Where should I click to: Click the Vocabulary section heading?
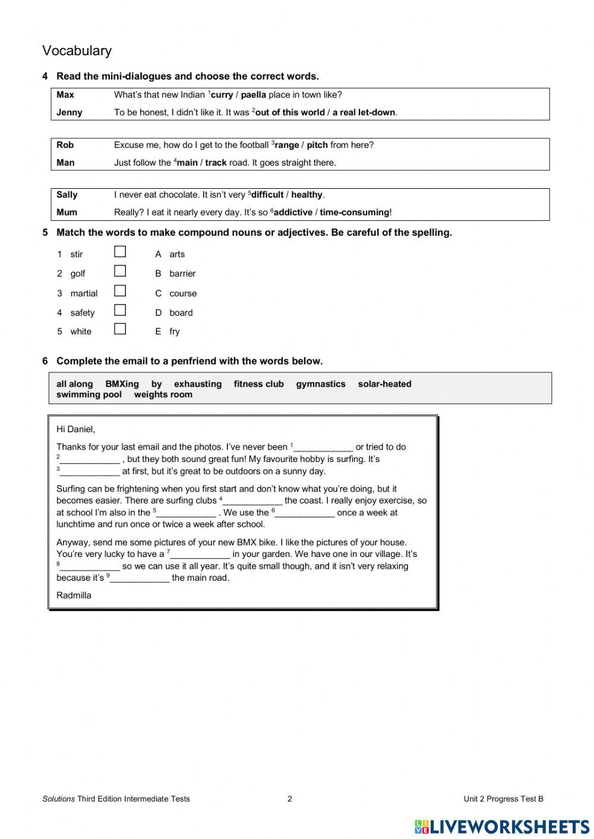pos(77,51)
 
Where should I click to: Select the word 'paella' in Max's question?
pos(253,95)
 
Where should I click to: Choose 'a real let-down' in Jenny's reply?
pos(364,113)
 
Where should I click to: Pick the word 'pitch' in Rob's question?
pos(317,145)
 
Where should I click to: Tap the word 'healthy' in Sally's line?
pos(307,195)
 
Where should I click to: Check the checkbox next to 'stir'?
pos(120,252)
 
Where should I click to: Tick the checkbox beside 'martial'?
pos(120,291)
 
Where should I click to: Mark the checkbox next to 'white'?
pos(120,329)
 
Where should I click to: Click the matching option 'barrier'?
pos(182,274)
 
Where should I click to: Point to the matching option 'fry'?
pos(174,332)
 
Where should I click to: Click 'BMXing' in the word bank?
pos(122,384)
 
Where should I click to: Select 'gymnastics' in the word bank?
pos(321,384)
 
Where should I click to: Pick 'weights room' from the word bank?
pos(163,395)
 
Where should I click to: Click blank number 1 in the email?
pos(323,448)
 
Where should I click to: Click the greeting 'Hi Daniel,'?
pos(75,429)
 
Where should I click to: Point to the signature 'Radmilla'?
pos(74,596)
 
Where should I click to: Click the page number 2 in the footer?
pos(290,799)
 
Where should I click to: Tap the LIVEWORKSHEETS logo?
pos(502,827)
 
